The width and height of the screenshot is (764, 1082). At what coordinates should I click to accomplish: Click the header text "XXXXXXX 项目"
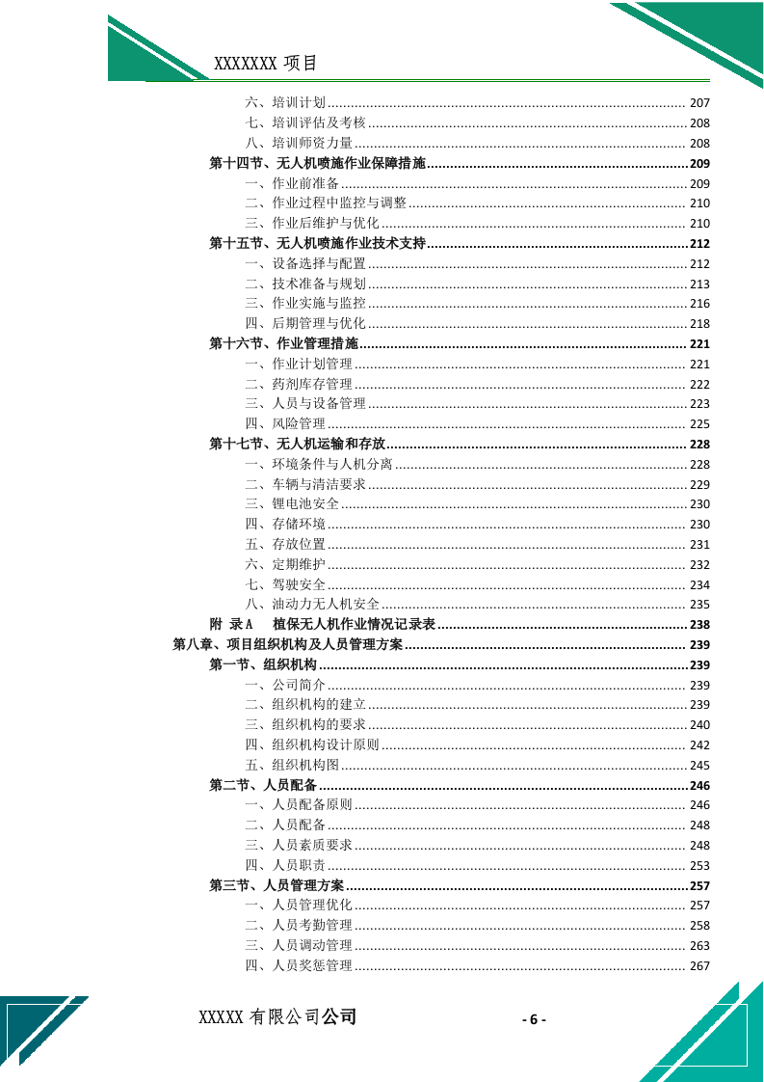[265, 65]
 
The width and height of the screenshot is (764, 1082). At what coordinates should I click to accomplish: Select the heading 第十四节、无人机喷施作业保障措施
[318, 163]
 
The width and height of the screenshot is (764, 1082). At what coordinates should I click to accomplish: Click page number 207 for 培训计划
[699, 103]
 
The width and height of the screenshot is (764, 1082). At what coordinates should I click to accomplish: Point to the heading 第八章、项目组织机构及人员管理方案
[288, 645]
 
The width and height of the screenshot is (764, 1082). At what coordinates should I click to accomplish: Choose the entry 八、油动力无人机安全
[312, 605]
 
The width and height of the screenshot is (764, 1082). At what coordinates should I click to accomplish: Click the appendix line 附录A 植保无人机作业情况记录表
[323, 625]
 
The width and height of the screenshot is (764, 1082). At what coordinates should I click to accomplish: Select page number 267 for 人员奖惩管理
[699, 966]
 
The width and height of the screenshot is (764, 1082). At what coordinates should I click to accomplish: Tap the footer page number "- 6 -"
[534, 1020]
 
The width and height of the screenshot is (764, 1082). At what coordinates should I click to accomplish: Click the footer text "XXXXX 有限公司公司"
[277, 1017]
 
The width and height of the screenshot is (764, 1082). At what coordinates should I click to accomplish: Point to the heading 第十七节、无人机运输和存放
[298, 444]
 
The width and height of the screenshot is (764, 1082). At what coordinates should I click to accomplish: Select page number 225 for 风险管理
[699, 424]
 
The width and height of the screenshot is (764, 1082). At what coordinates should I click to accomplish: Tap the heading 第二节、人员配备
[263, 785]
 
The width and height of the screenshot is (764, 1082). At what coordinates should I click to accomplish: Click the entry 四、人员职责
[285, 866]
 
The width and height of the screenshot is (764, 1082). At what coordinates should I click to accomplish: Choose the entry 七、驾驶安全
[285, 584]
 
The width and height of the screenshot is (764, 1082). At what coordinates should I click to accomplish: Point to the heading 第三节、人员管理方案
[277, 885]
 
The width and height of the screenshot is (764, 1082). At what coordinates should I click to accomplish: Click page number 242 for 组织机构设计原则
[699, 745]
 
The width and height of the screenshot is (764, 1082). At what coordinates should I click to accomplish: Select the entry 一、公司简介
[285, 686]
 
